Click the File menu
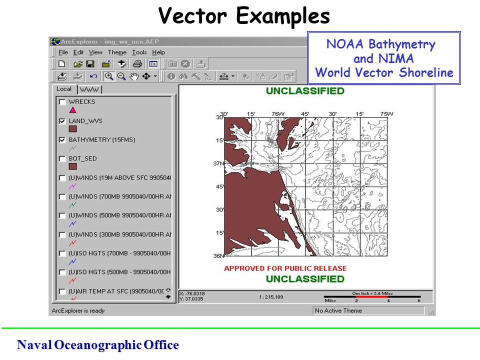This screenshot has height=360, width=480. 62,52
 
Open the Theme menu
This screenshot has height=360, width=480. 117,52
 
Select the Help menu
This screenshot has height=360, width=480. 158,52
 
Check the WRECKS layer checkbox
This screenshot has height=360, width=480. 62,102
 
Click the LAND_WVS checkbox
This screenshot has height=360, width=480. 62,121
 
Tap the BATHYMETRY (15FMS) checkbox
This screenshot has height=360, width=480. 62,140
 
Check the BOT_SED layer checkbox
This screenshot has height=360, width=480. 62,159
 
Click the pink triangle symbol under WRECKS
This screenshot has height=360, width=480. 72,110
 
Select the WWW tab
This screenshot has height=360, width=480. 89,89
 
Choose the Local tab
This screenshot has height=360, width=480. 64,89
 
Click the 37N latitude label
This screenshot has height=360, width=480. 218,163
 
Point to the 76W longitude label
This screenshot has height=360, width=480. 276,114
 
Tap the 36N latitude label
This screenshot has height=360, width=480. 218,255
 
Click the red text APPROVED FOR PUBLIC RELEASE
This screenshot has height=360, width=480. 285,268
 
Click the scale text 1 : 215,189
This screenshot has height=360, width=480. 271,297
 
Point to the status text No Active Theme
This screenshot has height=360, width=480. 338,310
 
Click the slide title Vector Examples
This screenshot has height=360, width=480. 244,16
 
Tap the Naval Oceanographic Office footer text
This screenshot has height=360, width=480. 97,345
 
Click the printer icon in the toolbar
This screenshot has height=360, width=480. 137,64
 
